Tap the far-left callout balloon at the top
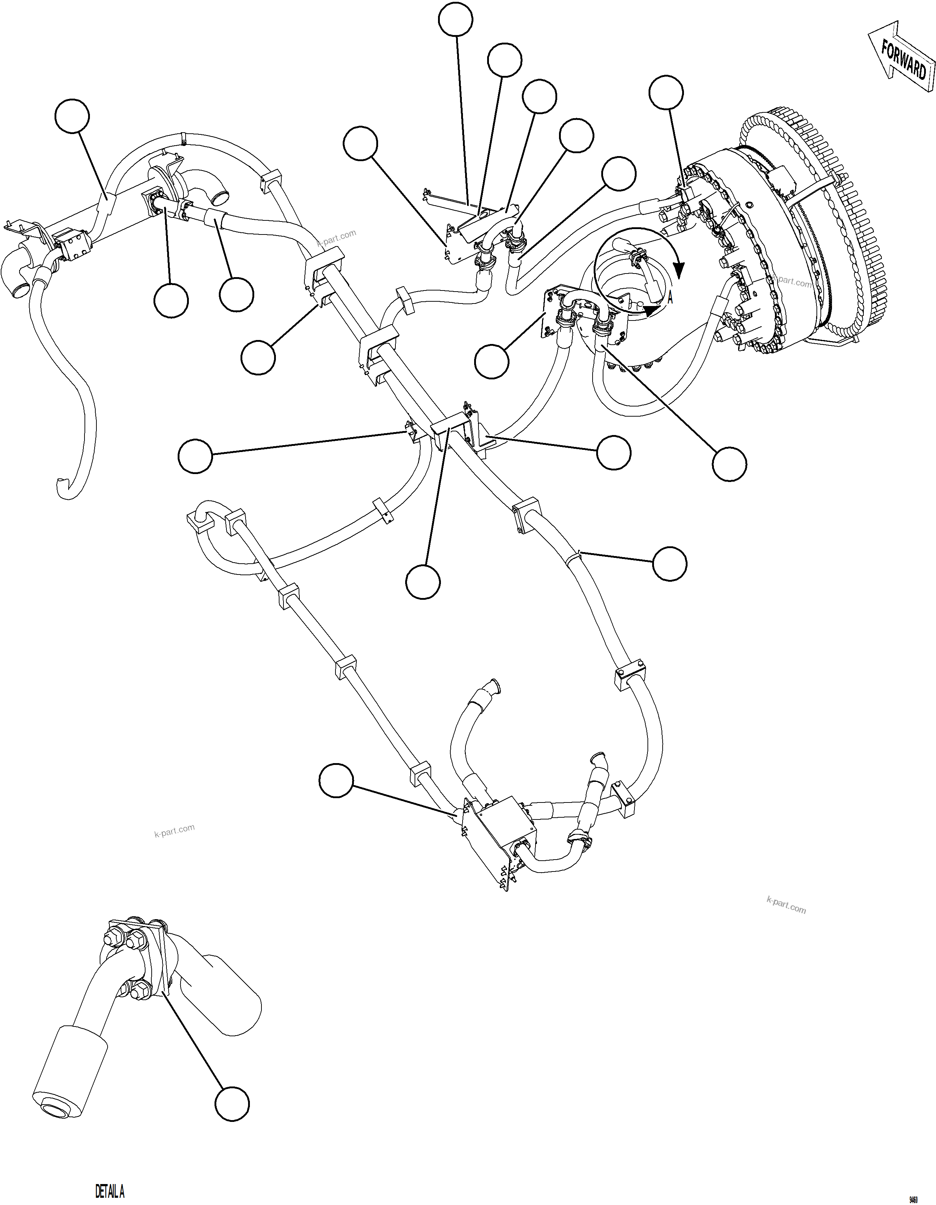pyautogui.click(x=72, y=116)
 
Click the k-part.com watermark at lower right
pyautogui.click(x=786, y=905)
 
